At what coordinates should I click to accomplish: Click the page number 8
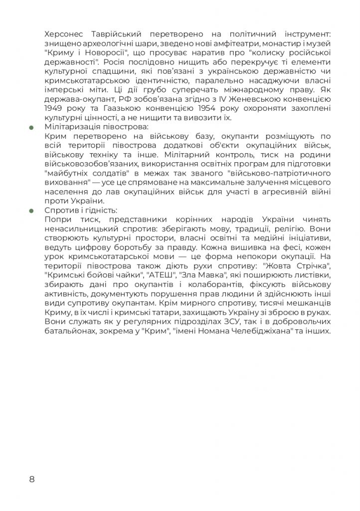point(32,480)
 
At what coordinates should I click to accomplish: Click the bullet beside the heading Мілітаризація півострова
point(32,127)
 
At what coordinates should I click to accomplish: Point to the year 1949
point(53,107)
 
